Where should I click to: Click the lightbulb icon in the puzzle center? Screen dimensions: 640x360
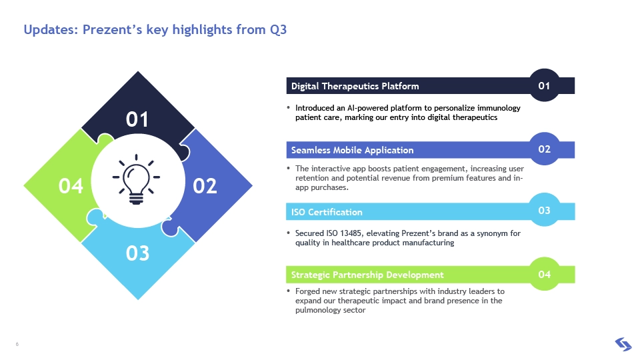click(136, 179)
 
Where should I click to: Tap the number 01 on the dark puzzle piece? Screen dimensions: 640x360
click(137, 119)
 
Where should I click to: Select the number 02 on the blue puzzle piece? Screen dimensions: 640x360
click(205, 186)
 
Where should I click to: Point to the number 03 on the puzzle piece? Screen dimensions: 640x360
click(137, 253)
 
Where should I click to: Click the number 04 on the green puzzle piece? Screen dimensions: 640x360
click(71, 186)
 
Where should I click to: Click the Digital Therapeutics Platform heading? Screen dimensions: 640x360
click(355, 86)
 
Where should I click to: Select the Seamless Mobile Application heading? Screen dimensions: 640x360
click(352, 150)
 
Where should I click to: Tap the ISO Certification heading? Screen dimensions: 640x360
click(327, 212)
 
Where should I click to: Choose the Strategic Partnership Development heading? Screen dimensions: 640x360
click(367, 275)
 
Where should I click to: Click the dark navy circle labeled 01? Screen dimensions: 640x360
click(544, 85)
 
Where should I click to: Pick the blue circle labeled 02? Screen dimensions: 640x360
click(544, 149)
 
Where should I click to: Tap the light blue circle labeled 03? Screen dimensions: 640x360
click(544, 210)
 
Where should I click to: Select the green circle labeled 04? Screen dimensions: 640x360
click(544, 274)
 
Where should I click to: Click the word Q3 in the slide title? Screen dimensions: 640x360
click(279, 30)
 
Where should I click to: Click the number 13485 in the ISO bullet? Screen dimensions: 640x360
click(351, 233)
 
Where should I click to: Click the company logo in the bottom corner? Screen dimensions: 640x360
click(623, 344)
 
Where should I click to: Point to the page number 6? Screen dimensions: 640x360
click(17, 344)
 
